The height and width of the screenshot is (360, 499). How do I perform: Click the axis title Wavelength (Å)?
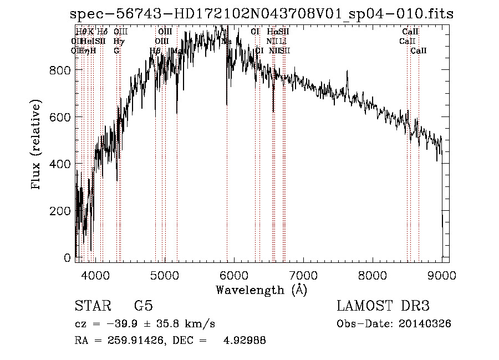pyautogui.click(x=261, y=290)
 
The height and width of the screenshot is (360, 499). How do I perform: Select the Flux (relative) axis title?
pyautogui.click(x=37, y=146)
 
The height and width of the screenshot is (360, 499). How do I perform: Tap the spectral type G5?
pyautogui.click(x=143, y=306)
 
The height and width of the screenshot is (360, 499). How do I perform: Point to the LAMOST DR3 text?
pyautogui.click(x=383, y=306)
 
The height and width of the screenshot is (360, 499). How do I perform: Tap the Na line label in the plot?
pyautogui.click(x=226, y=42)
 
